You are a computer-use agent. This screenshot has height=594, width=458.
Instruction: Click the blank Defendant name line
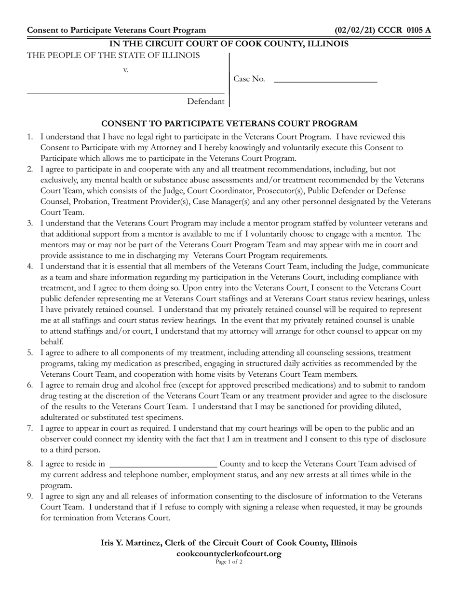125,93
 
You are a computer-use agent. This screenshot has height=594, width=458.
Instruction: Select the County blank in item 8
163,467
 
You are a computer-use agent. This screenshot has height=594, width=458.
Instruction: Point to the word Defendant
206,101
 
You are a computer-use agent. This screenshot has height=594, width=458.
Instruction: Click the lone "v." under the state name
125,70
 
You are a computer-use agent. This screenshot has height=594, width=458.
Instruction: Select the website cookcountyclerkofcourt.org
229,554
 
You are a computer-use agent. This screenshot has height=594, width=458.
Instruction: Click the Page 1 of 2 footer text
229,562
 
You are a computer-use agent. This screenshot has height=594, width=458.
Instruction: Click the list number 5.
30,353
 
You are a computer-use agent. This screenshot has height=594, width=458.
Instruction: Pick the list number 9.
30,496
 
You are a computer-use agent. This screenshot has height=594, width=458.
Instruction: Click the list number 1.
30,137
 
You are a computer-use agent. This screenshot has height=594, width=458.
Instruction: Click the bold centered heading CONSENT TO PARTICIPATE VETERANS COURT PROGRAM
229,124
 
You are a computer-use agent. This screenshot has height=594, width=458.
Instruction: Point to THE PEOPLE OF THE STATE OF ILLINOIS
113,55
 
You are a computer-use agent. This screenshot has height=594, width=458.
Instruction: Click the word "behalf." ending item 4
52,342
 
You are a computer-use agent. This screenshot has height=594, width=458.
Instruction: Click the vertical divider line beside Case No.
229,80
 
